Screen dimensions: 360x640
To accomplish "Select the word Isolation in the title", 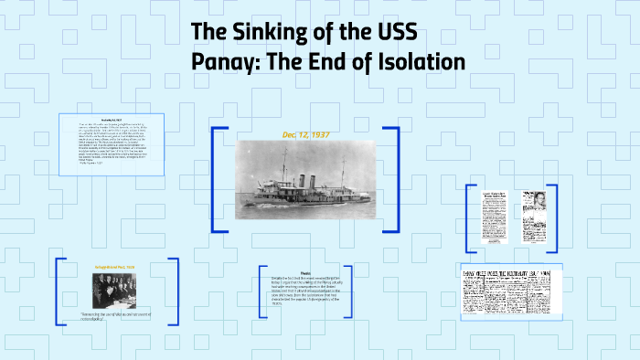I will pyautogui.click(x=416, y=61).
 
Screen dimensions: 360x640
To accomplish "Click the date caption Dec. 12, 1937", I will pyautogui.click(x=305, y=134).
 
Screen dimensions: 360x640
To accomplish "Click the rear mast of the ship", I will pyautogui.click(x=343, y=174).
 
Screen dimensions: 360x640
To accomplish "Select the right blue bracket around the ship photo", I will pyautogui.click(x=396, y=178).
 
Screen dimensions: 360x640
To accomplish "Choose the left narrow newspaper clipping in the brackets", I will pyautogui.click(x=492, y=217).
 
